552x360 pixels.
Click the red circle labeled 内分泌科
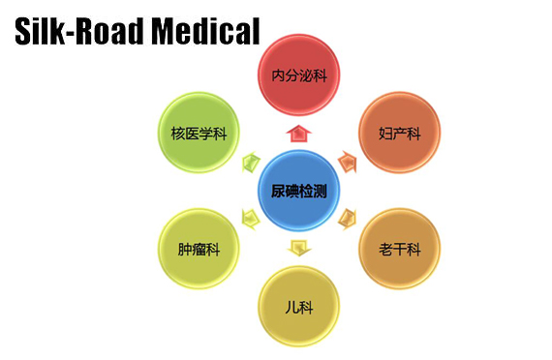point(298,75)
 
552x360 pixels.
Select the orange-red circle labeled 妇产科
point(399,133)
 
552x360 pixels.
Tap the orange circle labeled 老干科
point(399,249)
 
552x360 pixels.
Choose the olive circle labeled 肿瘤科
point(199,249)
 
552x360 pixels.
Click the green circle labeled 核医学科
point(199,133)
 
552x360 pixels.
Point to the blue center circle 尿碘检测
point(298,191)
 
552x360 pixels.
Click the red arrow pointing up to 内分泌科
point(298,133)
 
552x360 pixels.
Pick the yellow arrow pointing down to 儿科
point(298,248)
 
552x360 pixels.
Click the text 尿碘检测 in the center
point(298,192)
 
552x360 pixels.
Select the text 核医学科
point(199,133)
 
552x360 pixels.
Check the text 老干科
point(399,250)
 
